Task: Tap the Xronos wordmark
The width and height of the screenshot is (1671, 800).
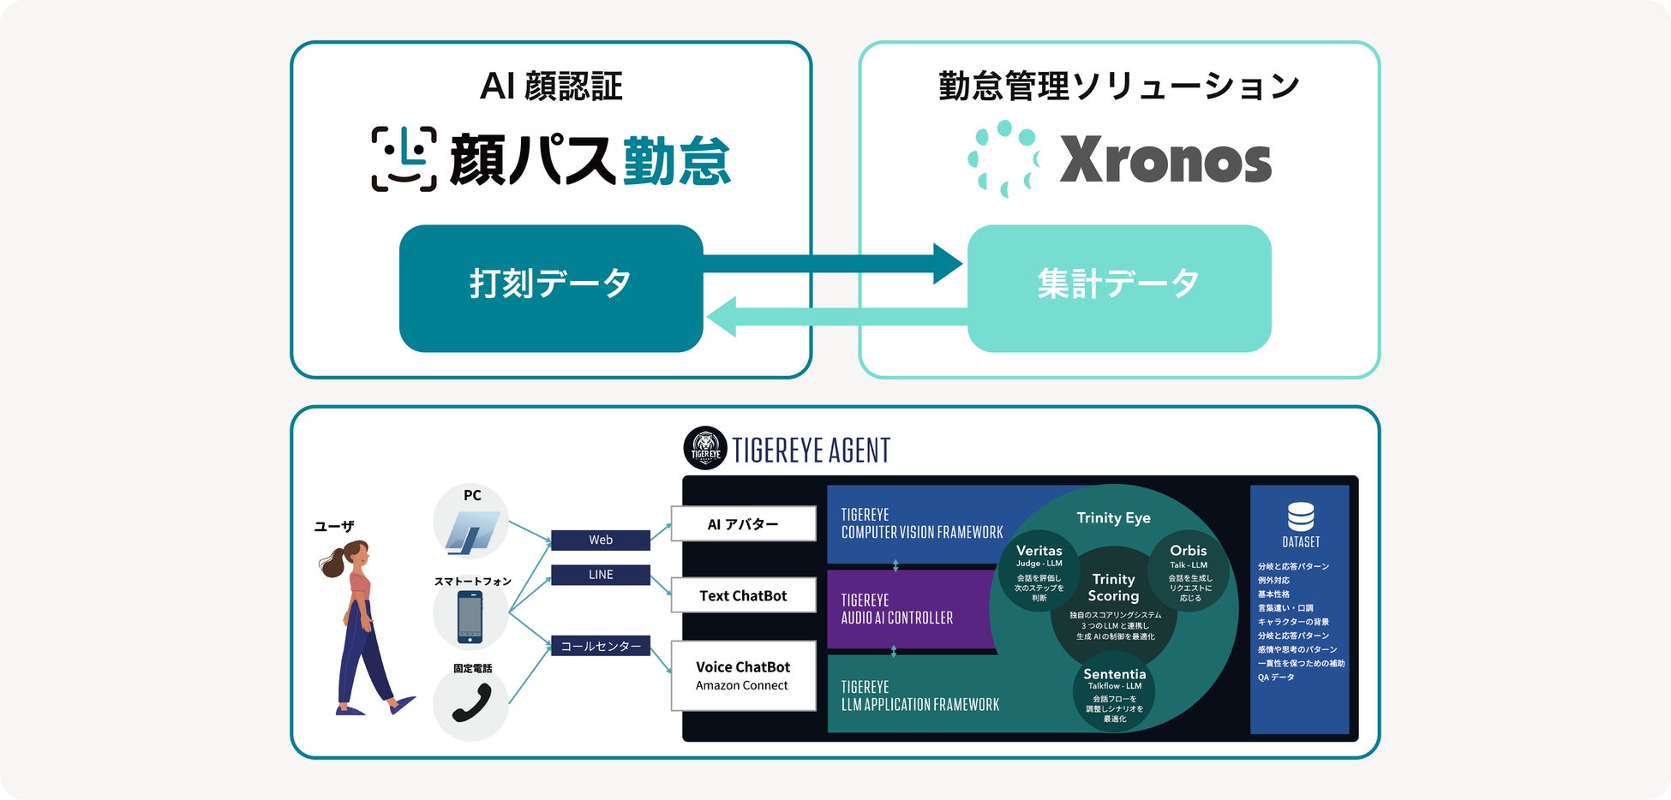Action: click(1165, 160)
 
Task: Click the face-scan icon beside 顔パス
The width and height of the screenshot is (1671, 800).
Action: click(404, 159)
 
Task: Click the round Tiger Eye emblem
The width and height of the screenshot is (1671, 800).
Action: click(705, 448)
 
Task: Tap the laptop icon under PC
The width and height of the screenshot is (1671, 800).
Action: click(470, 529)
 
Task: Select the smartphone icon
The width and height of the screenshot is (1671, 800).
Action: click(470, 617)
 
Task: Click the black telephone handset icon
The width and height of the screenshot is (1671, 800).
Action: click(470, 703)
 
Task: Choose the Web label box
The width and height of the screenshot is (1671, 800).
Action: click(600, 540)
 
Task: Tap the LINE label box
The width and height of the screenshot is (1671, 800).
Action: click(600, 575)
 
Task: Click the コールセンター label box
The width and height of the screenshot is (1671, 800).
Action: click(600, 646)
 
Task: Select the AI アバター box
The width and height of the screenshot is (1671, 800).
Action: click(743, 524)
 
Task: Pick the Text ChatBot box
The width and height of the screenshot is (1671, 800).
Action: click(743, 595)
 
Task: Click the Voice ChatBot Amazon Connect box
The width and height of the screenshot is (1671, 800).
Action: click(743, 675)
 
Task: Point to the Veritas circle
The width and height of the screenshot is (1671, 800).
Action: click(1039, 571)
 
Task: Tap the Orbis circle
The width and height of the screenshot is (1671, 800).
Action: click(1189, 571)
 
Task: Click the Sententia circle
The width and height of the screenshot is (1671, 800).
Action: click(1114, 695)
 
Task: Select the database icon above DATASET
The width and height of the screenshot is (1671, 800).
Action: click(1300, 516)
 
